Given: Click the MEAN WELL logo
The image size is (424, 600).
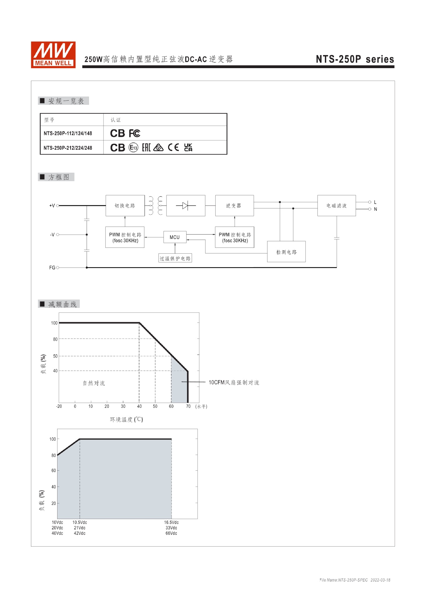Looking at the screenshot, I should coord(53,55).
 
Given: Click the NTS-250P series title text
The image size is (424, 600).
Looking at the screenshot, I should coord(355,59).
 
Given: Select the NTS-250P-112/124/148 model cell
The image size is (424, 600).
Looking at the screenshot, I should coord(68,133).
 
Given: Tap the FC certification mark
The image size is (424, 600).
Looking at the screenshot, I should coord(135,133).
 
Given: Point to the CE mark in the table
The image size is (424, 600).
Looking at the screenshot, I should coord(173,147).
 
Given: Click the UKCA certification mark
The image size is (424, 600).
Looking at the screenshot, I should coord(188,147).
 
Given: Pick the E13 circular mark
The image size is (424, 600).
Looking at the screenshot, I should coord(133,148).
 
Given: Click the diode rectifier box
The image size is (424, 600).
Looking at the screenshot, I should coord(186,206).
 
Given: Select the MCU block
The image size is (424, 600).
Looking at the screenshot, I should coord(175,237).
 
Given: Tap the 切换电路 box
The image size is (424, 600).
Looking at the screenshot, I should coord(125,206).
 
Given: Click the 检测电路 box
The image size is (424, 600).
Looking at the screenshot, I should coord(286,252).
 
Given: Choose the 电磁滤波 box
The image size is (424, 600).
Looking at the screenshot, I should coord(337,206).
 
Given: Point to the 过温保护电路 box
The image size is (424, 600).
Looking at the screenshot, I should coord(175,258).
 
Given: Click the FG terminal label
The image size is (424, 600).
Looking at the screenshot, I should coord(52,268).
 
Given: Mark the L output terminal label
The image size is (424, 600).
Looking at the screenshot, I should coord(375,202).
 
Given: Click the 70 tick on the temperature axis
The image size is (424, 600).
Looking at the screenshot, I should coord(188,406).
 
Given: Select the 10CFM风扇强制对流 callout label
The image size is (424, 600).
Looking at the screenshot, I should coord(234,382).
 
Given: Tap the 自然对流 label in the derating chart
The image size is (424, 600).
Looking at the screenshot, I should coord(94,383).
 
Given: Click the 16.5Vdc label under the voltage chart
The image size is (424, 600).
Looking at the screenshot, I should coord(171,522).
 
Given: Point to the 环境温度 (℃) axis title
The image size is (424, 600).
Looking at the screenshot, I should coord(126,419).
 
